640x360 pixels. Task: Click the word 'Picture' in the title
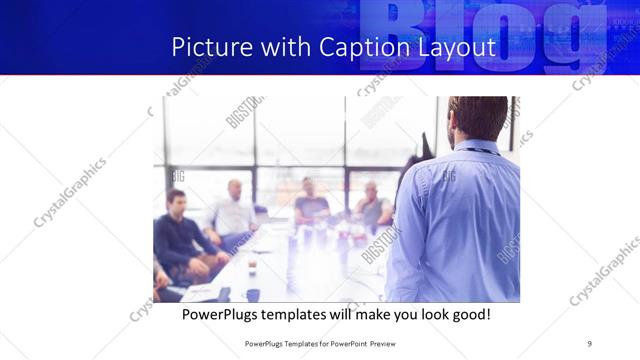tap(206, 47)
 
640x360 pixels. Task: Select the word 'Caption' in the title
tap(363, 47)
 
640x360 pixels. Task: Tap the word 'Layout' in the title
tap(454, 47)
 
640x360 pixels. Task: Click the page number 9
tap(590, 343)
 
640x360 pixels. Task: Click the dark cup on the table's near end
tap(253, 295)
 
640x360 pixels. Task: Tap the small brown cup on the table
tap(252, 265)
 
